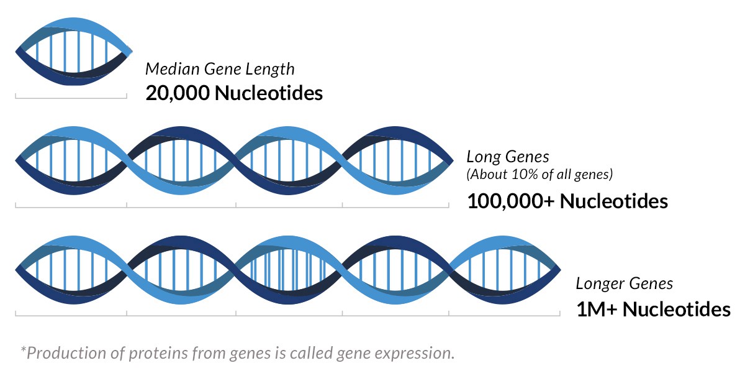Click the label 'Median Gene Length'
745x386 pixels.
coord(220,69)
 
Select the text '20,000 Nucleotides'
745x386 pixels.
coord(234,93)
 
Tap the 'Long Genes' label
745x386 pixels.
coord(508,157)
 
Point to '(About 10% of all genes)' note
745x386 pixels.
coord(540,174)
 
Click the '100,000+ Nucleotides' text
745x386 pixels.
coord(567,201)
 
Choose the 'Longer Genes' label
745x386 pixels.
coord(625,284)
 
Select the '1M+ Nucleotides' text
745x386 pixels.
coord(653,310)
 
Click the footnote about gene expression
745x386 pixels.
coord(237,353)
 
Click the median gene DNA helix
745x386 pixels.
coord(74,52)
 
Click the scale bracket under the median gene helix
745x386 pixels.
coord(71,98)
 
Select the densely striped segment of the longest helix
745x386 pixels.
coord(288,270)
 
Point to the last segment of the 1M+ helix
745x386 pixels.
coord(505,270)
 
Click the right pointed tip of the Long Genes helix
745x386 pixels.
coord(453,161)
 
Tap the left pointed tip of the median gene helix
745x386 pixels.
coord(16,52)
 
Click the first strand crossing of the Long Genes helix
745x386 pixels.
coord(127,160)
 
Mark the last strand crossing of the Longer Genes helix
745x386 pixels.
coord(449,270)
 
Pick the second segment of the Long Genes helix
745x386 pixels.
coord(181,160)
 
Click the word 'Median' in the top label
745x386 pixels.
coord(173,69)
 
